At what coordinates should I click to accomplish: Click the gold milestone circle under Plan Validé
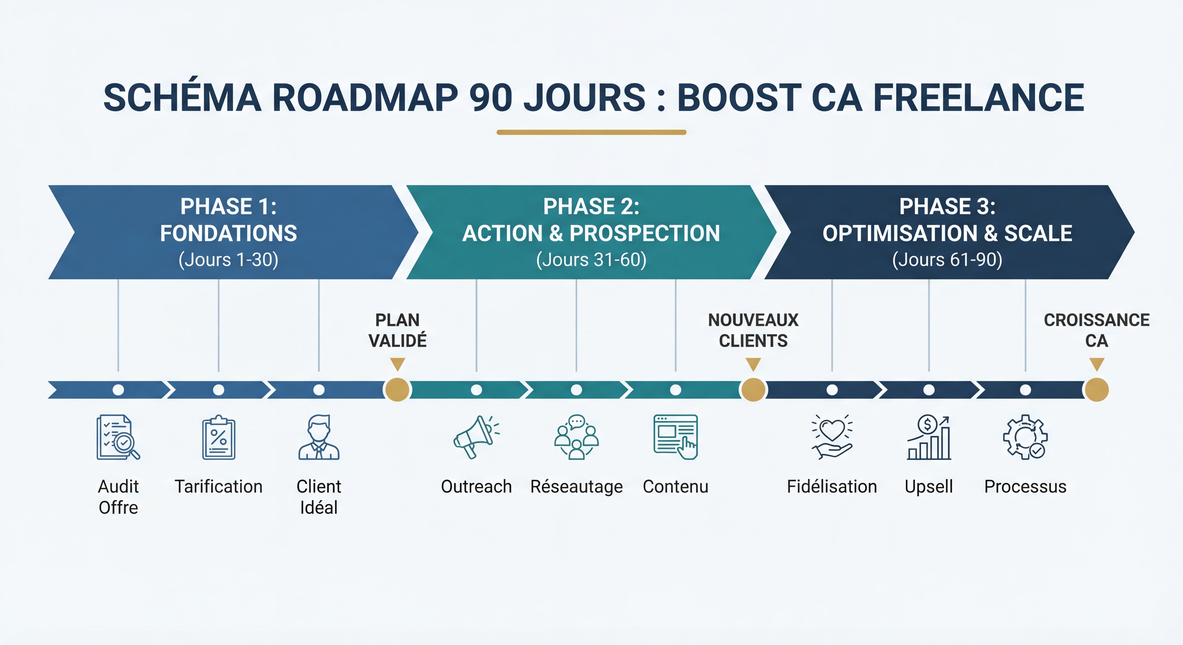(x=397, y=390)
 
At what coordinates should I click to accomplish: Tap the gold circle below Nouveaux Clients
(x=753, y=390)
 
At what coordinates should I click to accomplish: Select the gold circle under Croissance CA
(x=1097, y=390)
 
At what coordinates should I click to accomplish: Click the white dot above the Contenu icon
(x=676, y=390)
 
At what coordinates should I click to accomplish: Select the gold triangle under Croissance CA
(x=1097, y=364)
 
